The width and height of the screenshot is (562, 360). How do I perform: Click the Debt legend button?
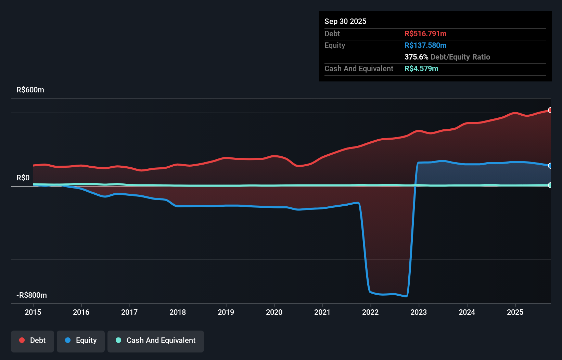point(33,340)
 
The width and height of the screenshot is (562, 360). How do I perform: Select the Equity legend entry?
point(81,340)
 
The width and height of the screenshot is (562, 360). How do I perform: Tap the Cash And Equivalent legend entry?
point(156,340)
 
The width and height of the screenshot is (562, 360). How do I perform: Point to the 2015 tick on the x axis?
point(33,312)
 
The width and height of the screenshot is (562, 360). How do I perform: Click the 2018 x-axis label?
point(178,312)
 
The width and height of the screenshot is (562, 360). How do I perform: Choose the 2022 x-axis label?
point(370,312)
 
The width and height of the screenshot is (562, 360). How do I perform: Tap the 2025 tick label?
point(515,312)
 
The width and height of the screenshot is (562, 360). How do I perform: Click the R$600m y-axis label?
point(30,90)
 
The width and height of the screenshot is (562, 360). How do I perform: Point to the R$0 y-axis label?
point(23,178)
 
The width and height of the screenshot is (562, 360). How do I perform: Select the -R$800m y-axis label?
point(31,295)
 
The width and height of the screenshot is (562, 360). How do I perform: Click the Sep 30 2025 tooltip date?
point(345,22)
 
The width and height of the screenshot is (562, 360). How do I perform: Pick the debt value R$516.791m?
point(425,34)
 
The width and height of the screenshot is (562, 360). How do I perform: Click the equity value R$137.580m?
point(425,46)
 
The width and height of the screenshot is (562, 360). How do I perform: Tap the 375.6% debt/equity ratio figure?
point(416,57)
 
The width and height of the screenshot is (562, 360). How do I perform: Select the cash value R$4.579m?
point(421,69)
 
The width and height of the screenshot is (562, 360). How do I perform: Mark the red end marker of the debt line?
point(550,110)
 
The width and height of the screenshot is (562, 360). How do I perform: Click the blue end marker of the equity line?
point(550,166)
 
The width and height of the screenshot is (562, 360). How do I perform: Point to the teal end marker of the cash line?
point(550,185)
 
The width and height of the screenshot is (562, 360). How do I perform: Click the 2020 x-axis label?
point(274,312)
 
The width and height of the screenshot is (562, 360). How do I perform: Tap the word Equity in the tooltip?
point(334,46)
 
